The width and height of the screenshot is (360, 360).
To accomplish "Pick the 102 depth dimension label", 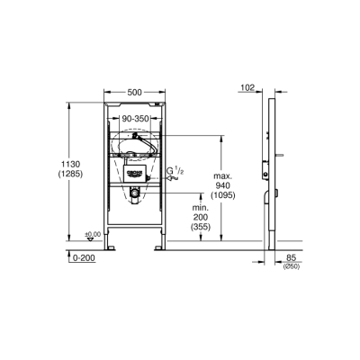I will click(248, 88).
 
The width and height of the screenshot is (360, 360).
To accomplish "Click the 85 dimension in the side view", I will click(291, 257).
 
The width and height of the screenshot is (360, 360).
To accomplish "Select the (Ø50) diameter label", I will click(291, 266).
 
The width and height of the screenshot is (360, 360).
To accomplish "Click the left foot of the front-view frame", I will click(112, 245).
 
